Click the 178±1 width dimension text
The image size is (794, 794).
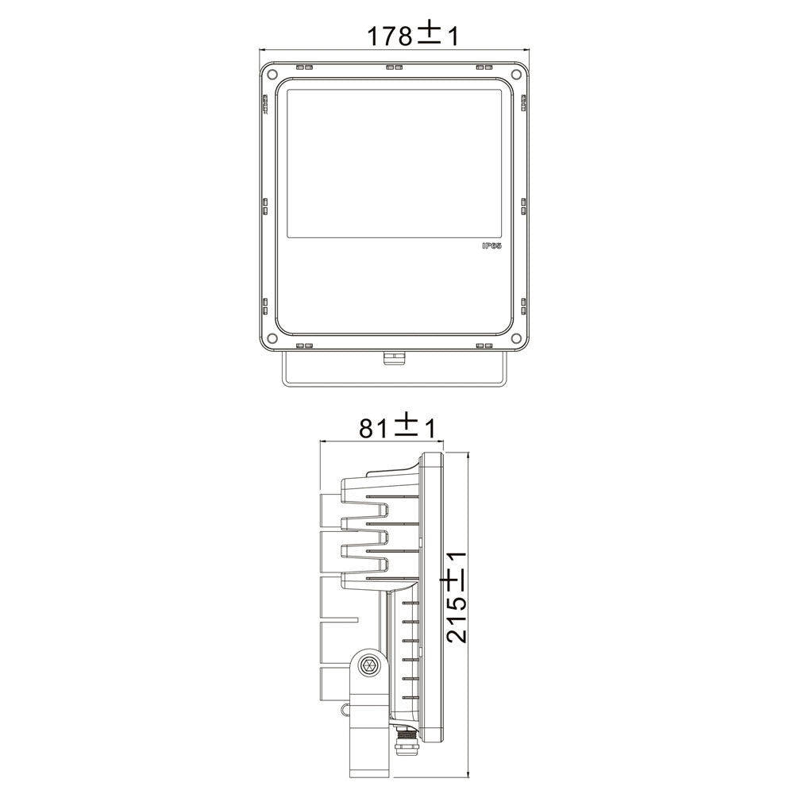point(412,35)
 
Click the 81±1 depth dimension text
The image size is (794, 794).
point(397,428)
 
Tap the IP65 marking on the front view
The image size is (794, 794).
point(492,248)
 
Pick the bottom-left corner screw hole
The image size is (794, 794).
point(272,339)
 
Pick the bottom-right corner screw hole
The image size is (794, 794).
point(518,339)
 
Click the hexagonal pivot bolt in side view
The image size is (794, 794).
point(368,665)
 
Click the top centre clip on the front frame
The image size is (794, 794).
point(394,67)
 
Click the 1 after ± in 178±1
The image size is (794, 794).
point(453,37)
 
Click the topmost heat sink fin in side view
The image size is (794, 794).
point(381,483)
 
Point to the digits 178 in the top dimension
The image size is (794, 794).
point(389,37)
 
